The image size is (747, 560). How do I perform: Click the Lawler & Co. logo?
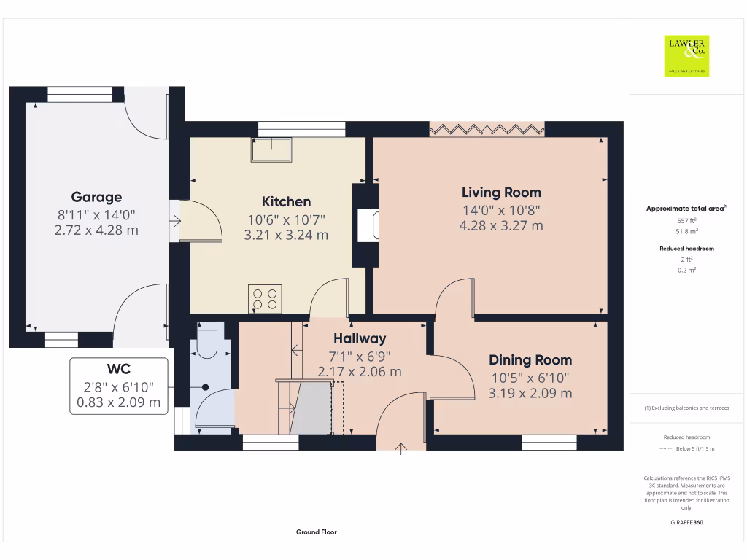[686, 55]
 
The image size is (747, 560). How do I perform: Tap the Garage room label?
[96, 197]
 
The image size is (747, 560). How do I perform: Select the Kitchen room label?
[286, 202]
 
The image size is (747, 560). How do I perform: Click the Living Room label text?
[501, 192]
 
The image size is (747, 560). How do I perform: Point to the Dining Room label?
[530, 360]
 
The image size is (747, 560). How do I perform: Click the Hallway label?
[360, 338]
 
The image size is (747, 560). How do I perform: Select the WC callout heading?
[118, 369]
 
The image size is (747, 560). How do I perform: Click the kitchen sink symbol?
[271, 150]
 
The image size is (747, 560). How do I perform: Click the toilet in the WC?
[207, 341]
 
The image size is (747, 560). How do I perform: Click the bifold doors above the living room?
[487, 129]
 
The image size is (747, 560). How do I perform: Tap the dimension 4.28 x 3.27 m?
[500, 226]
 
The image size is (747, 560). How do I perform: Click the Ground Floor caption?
[316, 532]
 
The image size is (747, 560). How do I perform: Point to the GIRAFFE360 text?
[686, 523]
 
